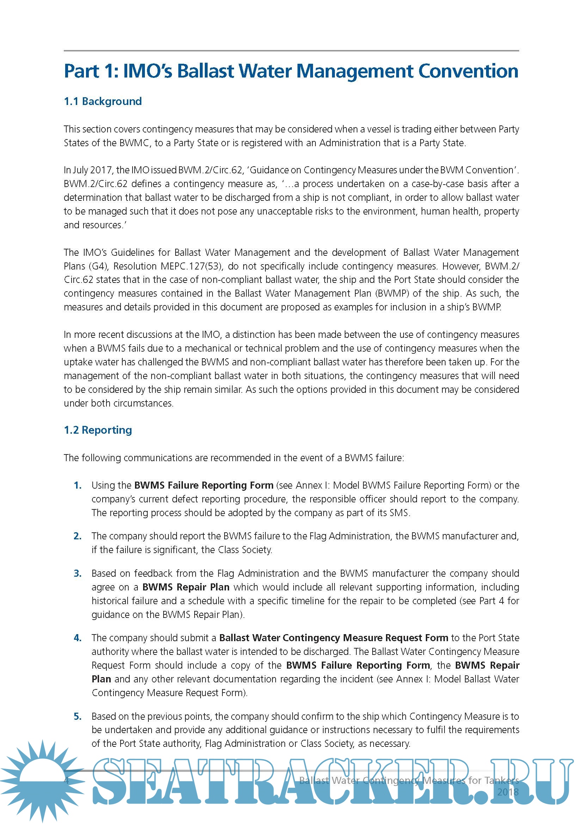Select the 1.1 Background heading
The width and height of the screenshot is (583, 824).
click(103, 101)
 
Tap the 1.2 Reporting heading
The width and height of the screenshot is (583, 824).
click(98, 430)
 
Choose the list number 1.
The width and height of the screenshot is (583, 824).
click(78, 485)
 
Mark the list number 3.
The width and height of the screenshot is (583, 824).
click(78, 574)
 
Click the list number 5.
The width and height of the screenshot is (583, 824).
click(78, 716)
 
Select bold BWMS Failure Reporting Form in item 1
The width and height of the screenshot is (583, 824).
click(204, 485)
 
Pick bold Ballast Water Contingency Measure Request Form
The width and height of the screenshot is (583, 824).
click(333, 638)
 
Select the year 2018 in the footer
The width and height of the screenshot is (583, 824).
click(508, 792)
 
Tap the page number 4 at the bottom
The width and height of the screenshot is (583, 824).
click(66, 780)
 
